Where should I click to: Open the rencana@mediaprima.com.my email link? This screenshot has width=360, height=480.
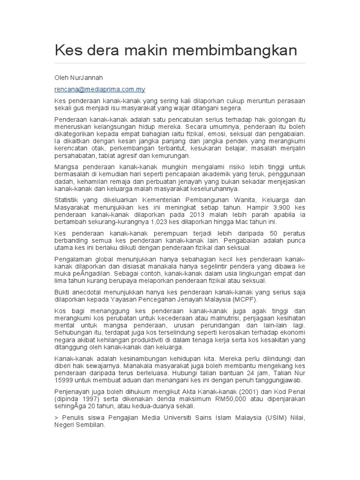coord(100,89)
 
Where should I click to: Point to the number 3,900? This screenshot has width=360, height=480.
coord(272,207)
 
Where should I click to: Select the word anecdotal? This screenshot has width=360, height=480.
coord(89,291)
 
